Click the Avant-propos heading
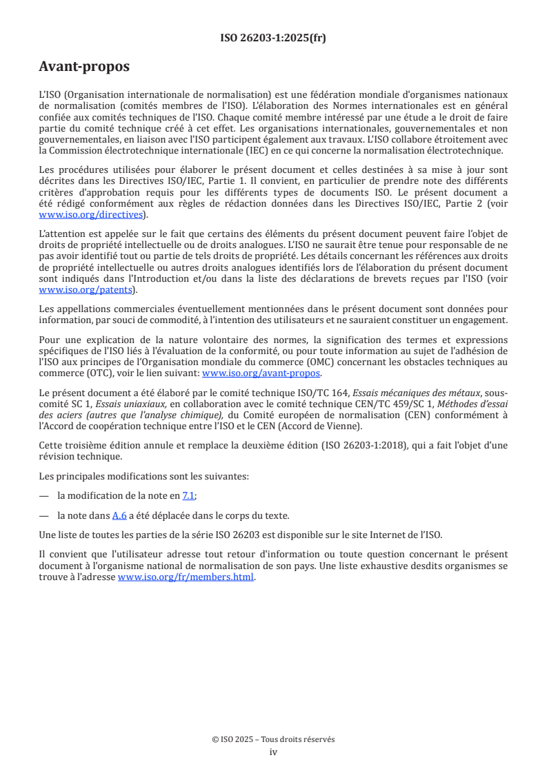pos(84,67)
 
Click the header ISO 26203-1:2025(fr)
pos(273,39)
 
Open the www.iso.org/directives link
pos(93,215)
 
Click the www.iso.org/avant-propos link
pos(261,373)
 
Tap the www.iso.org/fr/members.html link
pos(186,577)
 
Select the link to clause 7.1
pos(188,495)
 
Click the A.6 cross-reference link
pos(119,515)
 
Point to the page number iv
pos(273,752)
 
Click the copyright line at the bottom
pos(273,739)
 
